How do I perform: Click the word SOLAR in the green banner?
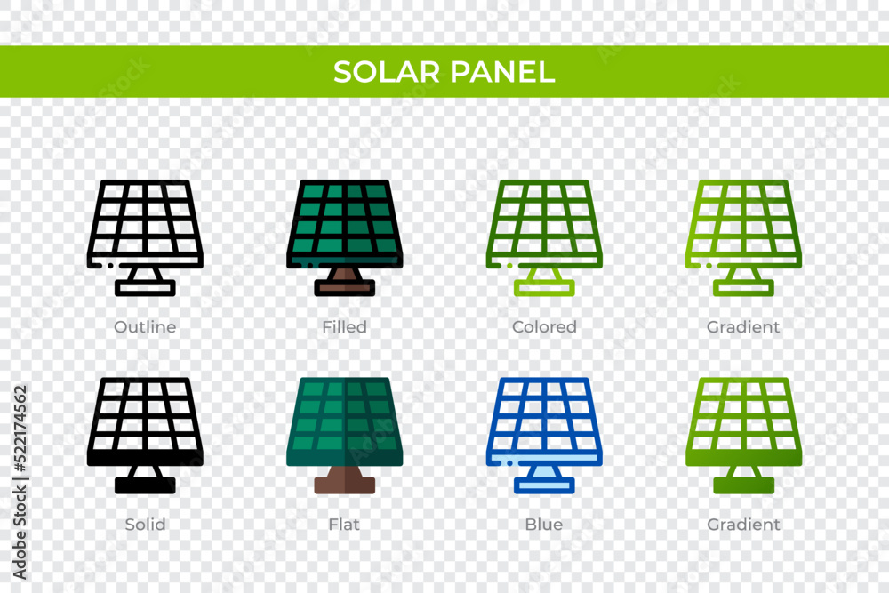[x=388, y=72]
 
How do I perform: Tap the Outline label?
[x=145, y=327]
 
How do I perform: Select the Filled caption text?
[x=344, y=327]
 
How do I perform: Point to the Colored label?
[x=544, y=327]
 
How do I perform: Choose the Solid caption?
[x=145, y=525]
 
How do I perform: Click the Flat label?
[x=344, y=525]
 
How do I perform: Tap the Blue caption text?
[x=544, y=525]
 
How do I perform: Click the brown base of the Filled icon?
[x=344, y=287]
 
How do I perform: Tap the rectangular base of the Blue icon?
[x=544, y=485]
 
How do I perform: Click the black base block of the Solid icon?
[x=145, y=485]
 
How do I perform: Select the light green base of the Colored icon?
[x=544, y=288]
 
